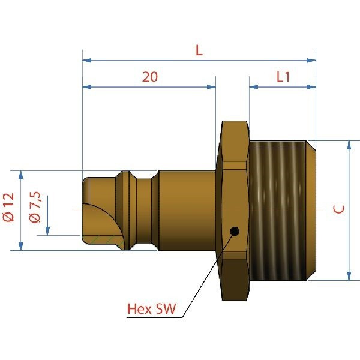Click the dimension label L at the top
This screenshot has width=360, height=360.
click(199, 50)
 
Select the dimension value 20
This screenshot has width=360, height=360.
click(150, 77)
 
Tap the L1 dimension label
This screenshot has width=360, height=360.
click(283, 77)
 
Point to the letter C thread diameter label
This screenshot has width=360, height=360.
click(338, 209)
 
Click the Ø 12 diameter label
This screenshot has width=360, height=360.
click(9, 208)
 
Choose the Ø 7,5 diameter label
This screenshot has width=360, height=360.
click(35, 208)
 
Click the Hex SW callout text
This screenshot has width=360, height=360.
click(152, 309)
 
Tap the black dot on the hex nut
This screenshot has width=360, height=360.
click(235, 231)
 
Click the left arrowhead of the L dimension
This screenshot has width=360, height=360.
click(87, 61)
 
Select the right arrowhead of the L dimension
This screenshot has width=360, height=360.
click(311, 61)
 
